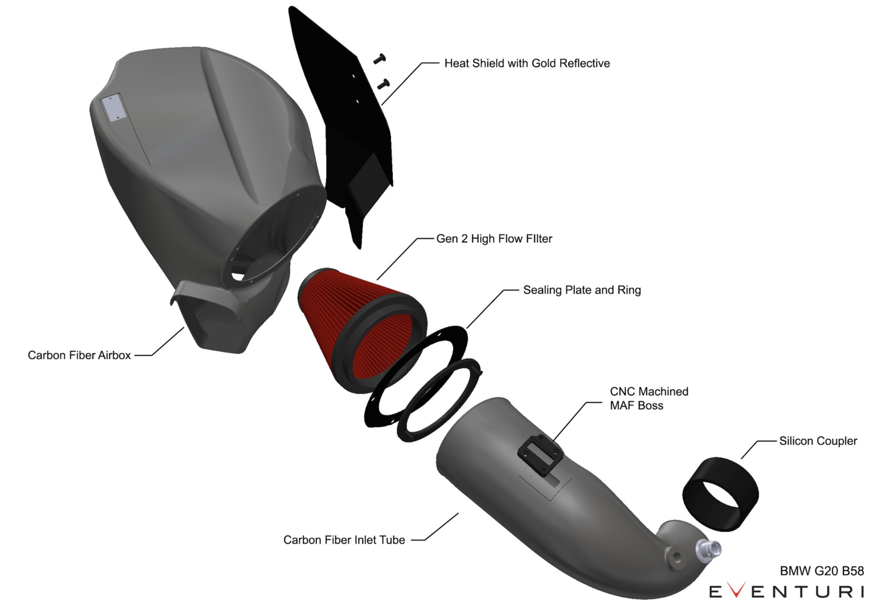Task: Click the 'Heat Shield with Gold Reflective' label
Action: tap(527, 63)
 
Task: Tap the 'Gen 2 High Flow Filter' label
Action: tap(494, 238)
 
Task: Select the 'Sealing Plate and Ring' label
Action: tap(582, 290)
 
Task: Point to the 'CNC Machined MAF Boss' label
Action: tap(649, 398)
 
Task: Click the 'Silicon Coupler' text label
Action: tap(818, 441)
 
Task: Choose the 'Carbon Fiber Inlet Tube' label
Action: tap(344, 540)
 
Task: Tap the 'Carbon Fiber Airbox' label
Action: tap(79, 355)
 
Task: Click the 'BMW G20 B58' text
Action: tap(822, 571)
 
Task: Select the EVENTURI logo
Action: tap(787, 591)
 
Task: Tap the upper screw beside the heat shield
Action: tap(379, 59)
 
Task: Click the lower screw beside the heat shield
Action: tap(384, 84)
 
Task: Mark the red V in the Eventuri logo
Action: tap(737, 589)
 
